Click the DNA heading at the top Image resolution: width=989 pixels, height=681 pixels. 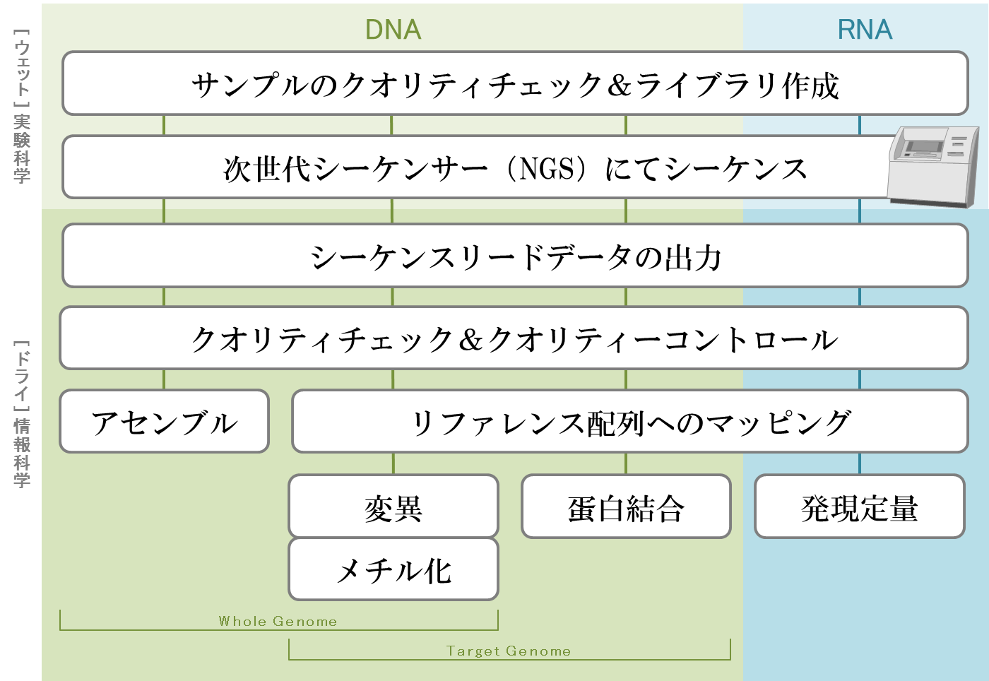click(393, 30)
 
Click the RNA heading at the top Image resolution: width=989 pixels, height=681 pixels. click(865, 30)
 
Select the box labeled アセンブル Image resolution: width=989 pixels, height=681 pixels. click(164, 422)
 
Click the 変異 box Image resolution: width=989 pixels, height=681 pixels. click(393, 507)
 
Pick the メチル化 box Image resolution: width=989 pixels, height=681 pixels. click(393, 569)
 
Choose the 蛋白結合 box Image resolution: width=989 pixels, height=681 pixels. click(626, 507)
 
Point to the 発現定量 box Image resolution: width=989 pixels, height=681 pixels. click(859, 507)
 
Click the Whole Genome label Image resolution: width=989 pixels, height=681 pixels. click(278, 621)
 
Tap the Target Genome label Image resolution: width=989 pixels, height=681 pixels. click(509, 651)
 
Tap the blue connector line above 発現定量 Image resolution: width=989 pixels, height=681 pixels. click(860, 463)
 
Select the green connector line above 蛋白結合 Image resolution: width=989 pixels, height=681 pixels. click(626, 463)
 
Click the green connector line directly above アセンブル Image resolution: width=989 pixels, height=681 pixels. click(164, 379)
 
